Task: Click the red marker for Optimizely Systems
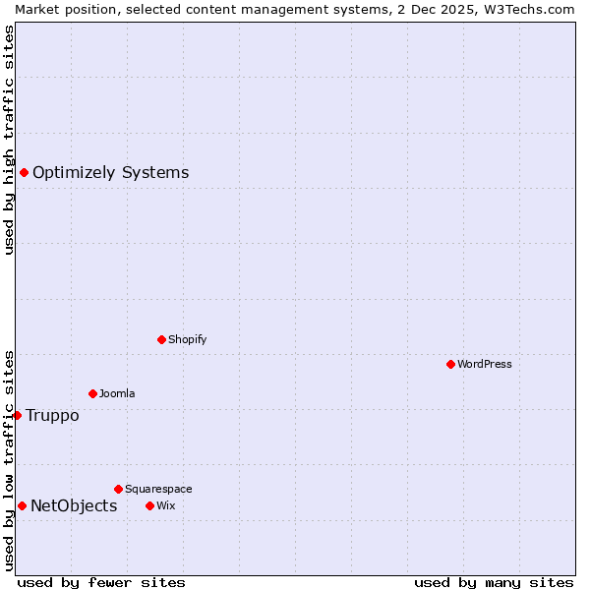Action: click(24, 173)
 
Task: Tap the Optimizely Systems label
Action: click(110, 173)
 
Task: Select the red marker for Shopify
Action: click(161, 339)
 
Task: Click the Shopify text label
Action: click(187, 339)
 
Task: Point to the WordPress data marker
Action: click(450, 364)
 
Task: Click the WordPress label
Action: click(484, 364)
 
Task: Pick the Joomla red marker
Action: click(92, 393)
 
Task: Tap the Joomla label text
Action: click(117, 393)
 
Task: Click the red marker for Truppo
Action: click(17, 415)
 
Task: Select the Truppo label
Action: click(52, 415)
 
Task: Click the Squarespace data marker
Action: click(118, 489)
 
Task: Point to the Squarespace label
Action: click(158, 489)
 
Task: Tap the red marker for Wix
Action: click(149, 505)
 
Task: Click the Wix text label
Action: click(165, 505)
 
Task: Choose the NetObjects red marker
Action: click(22, 505)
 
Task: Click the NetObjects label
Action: click(74, 505)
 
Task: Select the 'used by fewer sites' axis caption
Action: click(101, 582)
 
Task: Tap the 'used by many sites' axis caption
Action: click(494, 582)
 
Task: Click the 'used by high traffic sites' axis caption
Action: click(9, 140)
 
